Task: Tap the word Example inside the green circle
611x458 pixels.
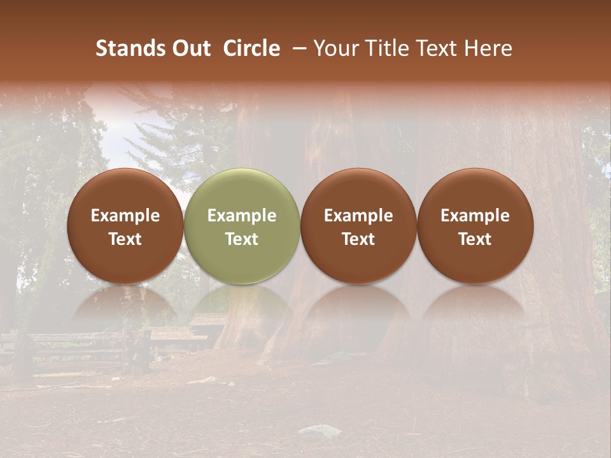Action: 242,216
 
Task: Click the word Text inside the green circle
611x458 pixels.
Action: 242,239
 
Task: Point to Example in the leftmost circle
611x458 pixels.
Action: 125,216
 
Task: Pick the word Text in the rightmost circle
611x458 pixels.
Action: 475,239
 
